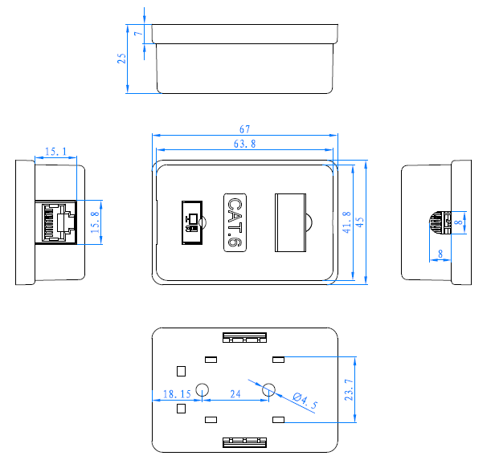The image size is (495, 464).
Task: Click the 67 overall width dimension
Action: [245, 128]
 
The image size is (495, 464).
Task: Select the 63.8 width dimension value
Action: [244, 144]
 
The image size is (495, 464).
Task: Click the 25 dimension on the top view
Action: [122, 59]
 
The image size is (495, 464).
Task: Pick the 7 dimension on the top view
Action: [138, 34]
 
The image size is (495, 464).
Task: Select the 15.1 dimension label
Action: [55, 151]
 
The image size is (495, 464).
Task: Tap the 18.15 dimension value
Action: [176, 394]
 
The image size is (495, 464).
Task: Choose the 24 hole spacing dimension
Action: [235, 394]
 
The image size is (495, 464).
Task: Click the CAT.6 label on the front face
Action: [233, 222]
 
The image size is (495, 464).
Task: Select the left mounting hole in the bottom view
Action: [202, 389]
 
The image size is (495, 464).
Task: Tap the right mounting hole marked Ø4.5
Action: [269, 389]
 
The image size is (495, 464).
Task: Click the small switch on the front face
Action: [191, 222]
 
